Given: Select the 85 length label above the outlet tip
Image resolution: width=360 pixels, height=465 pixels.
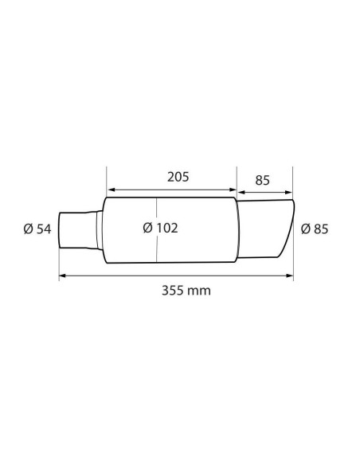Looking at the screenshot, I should [262, 181].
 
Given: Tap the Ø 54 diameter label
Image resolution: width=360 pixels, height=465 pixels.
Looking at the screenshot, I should [37, 229].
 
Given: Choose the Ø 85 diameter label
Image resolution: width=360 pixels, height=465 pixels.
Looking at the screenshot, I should [315, 229].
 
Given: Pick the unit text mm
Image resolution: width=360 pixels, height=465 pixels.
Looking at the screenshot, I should [200, 291].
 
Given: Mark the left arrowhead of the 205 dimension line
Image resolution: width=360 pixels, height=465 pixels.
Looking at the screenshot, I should [111, 190].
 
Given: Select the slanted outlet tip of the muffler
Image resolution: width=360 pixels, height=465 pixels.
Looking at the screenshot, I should [268, 231].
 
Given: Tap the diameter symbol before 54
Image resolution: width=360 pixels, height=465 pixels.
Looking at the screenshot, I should [29, 229].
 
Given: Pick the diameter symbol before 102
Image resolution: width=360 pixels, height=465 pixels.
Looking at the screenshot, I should [147, 228].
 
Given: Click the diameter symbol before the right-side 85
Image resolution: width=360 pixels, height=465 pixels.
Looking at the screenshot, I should [307, 229].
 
